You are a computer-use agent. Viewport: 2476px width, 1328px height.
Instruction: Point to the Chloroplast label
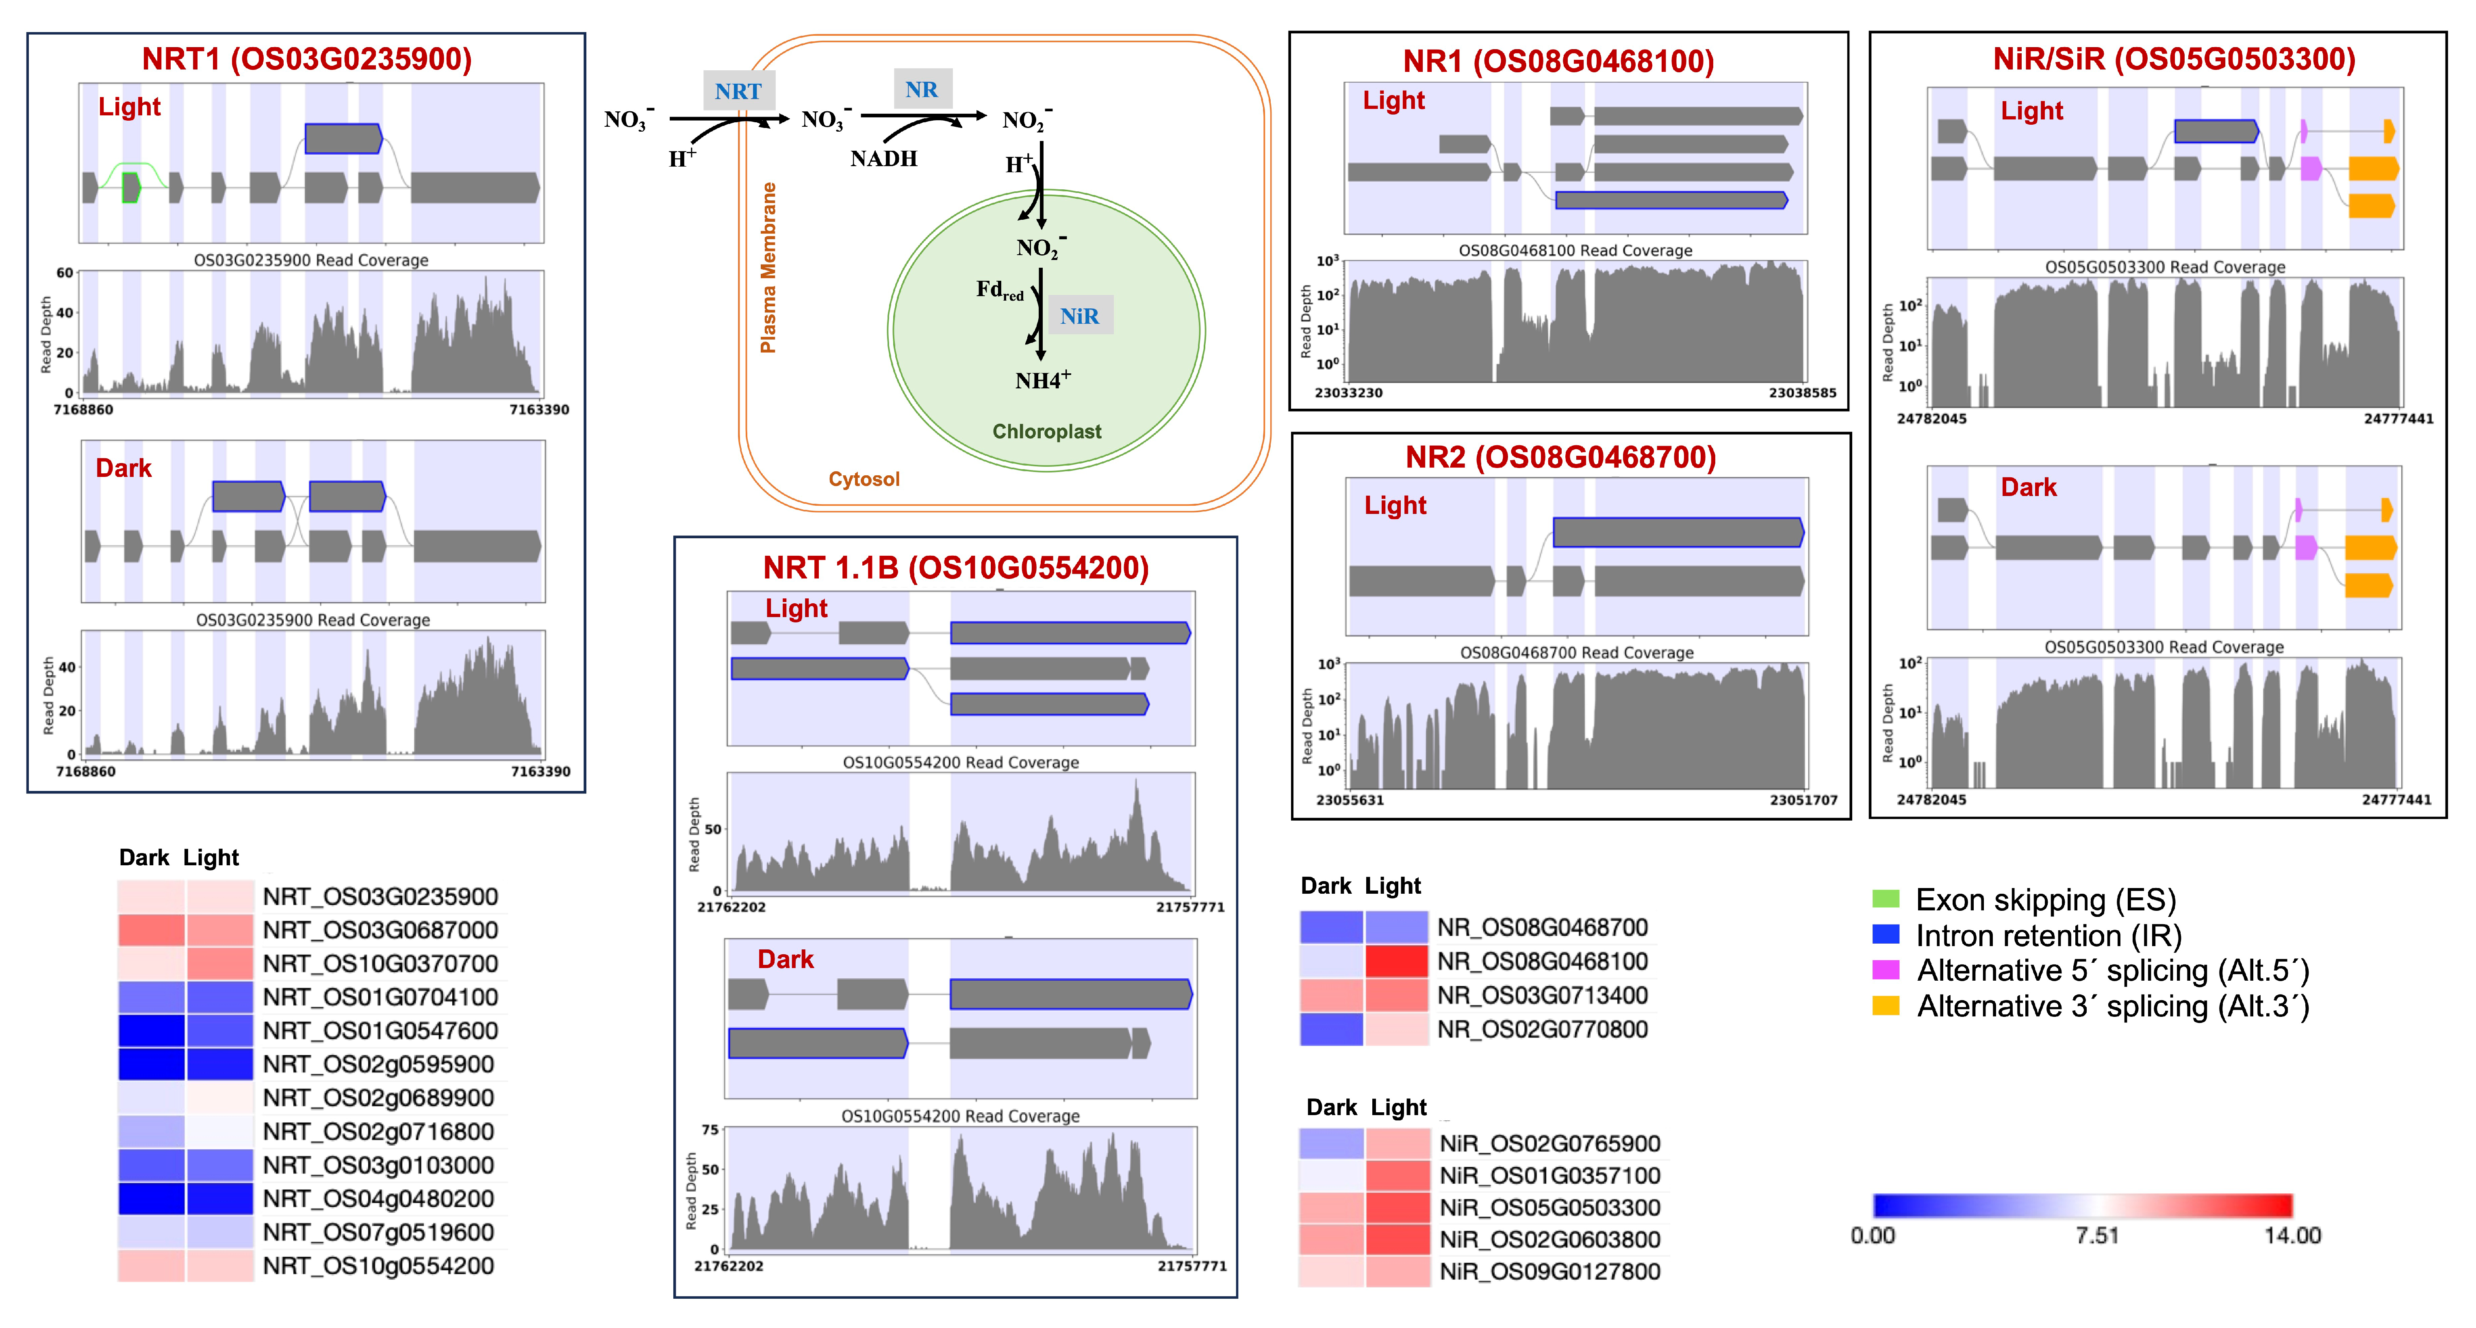point(1047,431)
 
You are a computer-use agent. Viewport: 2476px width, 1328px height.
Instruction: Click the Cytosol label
point(864,479)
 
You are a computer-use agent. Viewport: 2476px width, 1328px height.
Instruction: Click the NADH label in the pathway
point(883,158)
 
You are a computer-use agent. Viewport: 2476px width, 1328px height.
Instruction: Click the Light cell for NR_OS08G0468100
point(1395,961)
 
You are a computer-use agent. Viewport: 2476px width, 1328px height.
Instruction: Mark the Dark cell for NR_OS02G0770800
point(1331,1029)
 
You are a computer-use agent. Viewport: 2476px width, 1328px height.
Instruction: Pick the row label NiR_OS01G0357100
point(1549,1175)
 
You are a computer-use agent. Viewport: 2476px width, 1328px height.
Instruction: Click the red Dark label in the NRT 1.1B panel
point(785,959)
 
